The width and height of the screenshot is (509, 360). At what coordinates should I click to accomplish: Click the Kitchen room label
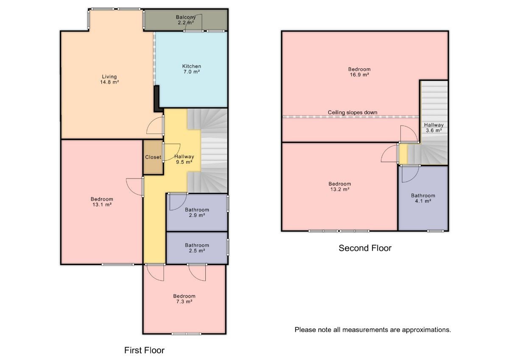pyautogui.click(x=192, y=69)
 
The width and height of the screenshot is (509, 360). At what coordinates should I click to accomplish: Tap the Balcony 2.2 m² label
pyautogui.click(x=186, y=20)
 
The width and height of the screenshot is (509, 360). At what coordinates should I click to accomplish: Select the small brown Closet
pyautogui.click(x=153, y=157)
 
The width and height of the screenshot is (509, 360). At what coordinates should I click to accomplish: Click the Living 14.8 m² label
pyautogui.click(x=109, y=79)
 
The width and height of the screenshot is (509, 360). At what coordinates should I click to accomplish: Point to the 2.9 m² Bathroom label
pyautogui.click(x=197, y=212)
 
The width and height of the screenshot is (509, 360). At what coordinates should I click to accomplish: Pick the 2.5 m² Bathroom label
pyautogui.click(x=197, y=248)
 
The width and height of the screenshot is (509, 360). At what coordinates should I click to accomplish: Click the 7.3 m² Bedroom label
pyautogui.click(x=184, y=299)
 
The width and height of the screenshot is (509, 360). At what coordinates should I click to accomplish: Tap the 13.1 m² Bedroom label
pyautogui.click(x=101, y=202)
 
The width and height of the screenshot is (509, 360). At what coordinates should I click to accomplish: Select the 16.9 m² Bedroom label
pyautogui.click(x=359, y=72)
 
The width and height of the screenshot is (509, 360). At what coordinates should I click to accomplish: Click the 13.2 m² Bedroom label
pyautogui.click(x=340, y=187)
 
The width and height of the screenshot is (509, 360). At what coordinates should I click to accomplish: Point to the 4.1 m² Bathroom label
pyautogui.click(x=423, y=198)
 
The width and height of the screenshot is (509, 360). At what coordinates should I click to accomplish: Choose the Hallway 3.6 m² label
pyautogui.click(x=434, y=128)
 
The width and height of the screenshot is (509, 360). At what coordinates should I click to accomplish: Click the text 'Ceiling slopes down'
pyautogui.click(x=352, y=112)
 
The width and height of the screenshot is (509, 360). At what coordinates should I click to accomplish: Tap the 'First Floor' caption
pyautogui.click(x=144, y=350)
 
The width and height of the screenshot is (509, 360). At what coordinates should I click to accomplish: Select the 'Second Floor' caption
pyautogui.click(x=365, y=248)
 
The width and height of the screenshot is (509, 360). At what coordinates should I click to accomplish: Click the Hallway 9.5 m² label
pyautogui.click(x=184, y=159)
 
